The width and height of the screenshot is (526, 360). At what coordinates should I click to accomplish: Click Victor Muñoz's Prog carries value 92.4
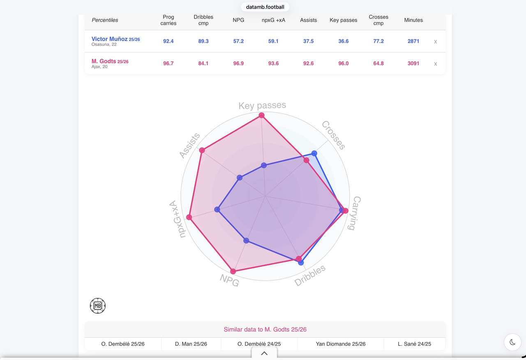tap(168, 41)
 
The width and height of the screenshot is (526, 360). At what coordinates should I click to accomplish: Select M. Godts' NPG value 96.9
tap(238, 63)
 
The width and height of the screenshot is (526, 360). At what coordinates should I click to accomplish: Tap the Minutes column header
tap(413, 20)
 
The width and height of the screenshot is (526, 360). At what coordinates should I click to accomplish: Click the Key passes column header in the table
tap(343, 20)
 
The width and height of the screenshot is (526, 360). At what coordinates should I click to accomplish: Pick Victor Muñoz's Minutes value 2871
tap(413, 41)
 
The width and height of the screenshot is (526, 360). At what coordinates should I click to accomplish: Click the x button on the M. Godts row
tap(435, 64)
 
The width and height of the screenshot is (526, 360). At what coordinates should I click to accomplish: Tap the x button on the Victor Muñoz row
tap(435, 42)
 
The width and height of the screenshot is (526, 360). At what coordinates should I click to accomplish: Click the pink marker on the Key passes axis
tap(262, 115)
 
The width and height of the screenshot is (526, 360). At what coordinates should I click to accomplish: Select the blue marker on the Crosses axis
tap(314, 153)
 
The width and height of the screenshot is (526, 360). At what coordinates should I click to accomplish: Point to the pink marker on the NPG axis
tap(233, 272)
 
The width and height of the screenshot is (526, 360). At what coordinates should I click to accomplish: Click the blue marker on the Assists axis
tap(240, 178)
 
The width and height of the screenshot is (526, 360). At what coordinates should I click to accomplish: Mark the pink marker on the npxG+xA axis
tap(189, 217)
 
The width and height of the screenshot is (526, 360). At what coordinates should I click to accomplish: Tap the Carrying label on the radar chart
tap(355, 213)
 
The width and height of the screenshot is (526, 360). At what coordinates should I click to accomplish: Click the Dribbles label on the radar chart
tap(310, 275)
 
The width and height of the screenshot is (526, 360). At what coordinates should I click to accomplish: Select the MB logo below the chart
tap(98, 306)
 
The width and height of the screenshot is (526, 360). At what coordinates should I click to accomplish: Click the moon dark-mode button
tap(512, 342)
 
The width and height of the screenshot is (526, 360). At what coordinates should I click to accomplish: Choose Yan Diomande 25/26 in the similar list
tap(341, 344)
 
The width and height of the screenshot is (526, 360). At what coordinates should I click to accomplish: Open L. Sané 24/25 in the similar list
tap(414, 344)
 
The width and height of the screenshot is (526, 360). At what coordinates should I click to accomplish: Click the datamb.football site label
tap(265, 7)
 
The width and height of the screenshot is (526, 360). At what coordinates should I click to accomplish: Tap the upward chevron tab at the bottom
tap(264, 353)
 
